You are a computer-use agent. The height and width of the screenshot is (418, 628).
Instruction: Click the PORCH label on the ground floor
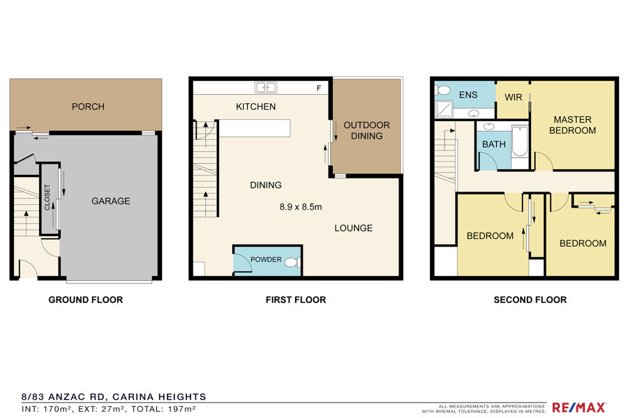click(x=88, y=107)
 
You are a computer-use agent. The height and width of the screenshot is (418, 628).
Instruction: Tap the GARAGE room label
click(x=110, y=201)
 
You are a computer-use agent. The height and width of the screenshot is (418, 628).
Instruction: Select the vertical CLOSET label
click(x=47, y=196)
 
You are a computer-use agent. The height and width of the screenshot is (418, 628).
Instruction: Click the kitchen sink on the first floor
click(x=266, y=87)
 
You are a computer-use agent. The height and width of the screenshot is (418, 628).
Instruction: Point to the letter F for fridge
click(x=319, y=88)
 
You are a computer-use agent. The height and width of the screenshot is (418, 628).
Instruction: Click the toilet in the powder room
click(x=293, y=263)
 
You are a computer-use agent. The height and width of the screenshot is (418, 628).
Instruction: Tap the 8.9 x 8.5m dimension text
click(x=300, y=207)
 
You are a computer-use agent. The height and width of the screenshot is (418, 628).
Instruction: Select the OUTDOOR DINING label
click(x=366, y=130)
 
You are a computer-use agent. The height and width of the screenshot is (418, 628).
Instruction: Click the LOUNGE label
click(x=353, y=228)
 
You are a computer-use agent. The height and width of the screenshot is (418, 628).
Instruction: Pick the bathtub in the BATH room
click(x=520, y=141)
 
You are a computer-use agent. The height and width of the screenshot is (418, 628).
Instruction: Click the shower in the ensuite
click(x=444, y=109)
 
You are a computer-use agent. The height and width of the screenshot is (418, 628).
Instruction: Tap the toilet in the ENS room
click(x=442, y=90)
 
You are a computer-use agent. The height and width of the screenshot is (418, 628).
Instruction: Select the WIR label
click(x=513, y=98)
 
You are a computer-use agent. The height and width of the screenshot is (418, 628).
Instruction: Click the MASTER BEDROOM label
click(x=572, y=125)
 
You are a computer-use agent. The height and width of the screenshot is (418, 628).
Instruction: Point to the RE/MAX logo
click(x=578, y=407)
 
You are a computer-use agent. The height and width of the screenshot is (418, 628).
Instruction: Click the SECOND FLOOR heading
click(x=530, y=300)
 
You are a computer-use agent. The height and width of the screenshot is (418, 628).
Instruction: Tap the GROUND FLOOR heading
click(x=86, y=300)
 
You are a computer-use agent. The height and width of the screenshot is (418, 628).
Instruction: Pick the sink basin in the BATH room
click(x=488, y=127)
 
